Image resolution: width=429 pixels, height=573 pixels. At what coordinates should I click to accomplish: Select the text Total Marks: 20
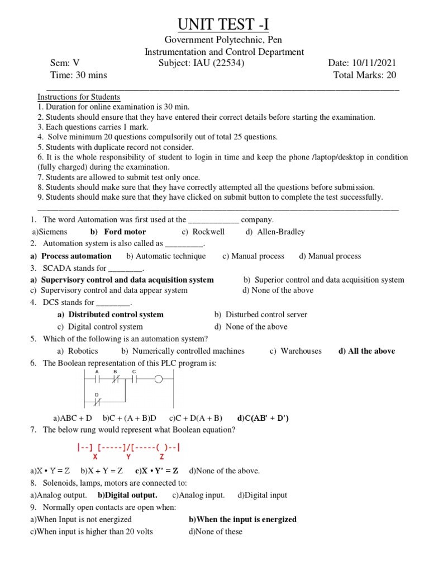coord(365,75)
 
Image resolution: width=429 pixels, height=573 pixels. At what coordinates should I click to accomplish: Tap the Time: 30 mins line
coord(79,75)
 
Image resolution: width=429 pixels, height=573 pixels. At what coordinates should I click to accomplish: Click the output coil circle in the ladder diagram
coord(158,379)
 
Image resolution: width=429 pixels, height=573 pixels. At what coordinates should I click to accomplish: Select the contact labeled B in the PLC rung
coord(115,379)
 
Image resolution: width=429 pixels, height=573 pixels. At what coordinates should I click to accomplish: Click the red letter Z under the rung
coord(162,456)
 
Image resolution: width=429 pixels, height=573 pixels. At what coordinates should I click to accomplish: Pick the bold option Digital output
coord(127,495)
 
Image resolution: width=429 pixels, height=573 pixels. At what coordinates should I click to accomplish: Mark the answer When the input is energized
coord(242,519)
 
